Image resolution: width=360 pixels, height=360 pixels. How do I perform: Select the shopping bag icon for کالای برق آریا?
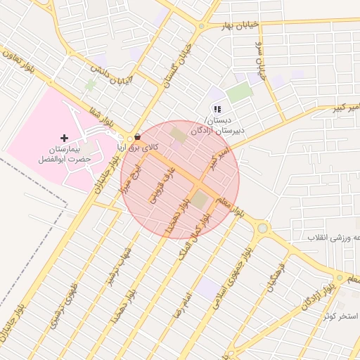pos(136,137)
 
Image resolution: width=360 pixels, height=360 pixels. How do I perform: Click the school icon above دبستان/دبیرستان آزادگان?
pos(217,109)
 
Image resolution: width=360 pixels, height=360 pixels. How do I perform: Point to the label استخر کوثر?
pos(344,316)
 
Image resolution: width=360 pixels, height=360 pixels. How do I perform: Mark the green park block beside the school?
pos(239,92)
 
